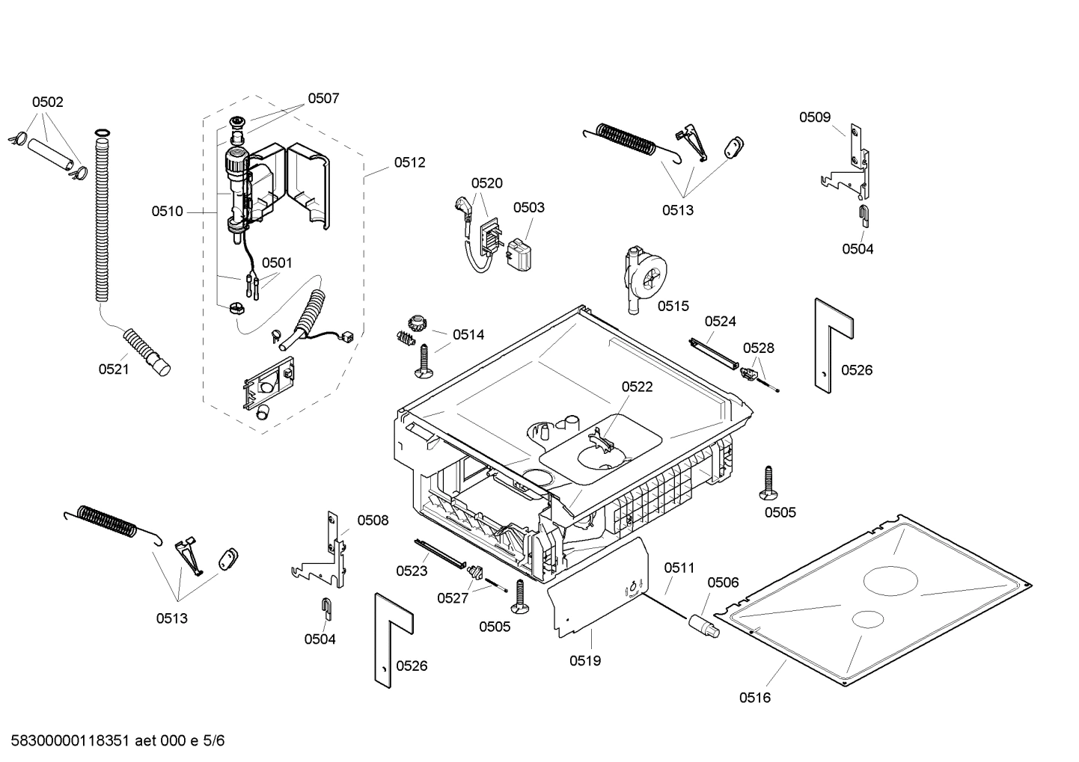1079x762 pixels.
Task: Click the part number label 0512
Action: pyautogui.click(x=409, y=162)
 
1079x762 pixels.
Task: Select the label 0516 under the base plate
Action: pyautogui.click(x=754, y=698)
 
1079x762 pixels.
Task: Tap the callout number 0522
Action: pyautogui.click(x=637, y=387)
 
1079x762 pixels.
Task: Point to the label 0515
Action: pyautogui.click(x=673, y=306)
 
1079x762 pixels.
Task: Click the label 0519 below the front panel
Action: pyautogui.click(x=585, y=660)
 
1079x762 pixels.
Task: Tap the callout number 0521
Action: pyautogui.click(x=114, y=369)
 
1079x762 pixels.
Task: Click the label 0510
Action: pyautogui.click(x=167, y=212)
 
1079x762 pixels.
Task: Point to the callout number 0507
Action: pyautogui.click(x=323, y=98)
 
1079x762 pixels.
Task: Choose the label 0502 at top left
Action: pyautogui.click(x=47, y=102)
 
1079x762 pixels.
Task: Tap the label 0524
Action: pyautogui.click(x=721, y=322)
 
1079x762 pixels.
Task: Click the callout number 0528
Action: pyautogui.click(x=758, y=348)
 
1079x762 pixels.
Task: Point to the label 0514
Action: pyautogui.click(x=468, y=335)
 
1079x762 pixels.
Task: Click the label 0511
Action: pyautogui.click(x=679, y=568)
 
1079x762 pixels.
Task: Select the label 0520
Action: pyautogui.click(x=486, y=183)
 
